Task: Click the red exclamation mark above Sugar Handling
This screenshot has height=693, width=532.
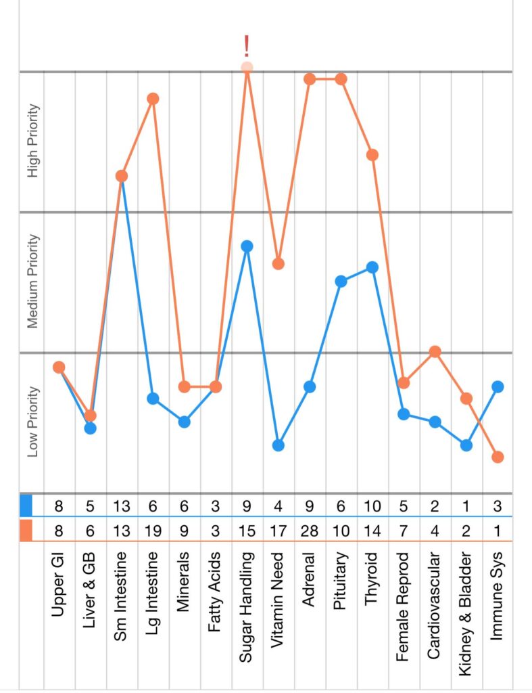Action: [x=247, y=46]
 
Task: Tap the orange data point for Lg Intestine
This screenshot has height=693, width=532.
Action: [x=153, y=99]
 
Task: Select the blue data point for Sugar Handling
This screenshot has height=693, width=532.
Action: [x=247, y=246]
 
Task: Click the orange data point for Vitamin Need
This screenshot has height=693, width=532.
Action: [x=279, y=263]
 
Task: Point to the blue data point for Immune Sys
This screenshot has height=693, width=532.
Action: [x=498, y=386]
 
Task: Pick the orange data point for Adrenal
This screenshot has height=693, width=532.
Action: [x=310, y=79]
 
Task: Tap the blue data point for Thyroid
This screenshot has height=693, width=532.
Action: [x=372, y=267]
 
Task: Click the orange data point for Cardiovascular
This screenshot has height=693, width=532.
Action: [x=435, y=351]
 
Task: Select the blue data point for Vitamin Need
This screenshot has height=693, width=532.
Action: [x=279, y=445]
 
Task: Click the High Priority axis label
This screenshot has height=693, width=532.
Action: [x=32, y=141]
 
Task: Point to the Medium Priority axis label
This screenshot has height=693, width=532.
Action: [x=32, y=282]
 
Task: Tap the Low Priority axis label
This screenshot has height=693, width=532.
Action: [x=32, y=422]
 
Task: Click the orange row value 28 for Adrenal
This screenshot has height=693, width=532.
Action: [x=310, y=530]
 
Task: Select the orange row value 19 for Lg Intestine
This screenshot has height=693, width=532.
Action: [x=153, y=530]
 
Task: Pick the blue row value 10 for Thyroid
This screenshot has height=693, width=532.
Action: [x=372, y=506]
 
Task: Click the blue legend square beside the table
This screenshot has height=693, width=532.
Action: [x=26, y=506]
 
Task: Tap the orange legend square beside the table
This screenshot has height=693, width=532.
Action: [x=26, y=530]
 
